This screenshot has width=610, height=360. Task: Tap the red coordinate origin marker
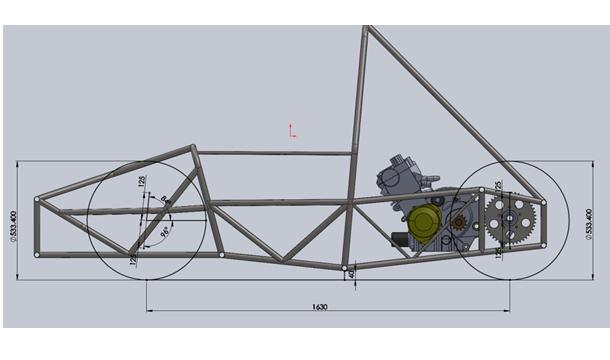(x=291, y=130)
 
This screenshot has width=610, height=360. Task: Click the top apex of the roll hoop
(x=367, y=30)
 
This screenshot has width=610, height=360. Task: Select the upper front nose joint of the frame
(x=38, y=200)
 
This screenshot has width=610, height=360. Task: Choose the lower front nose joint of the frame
(x=38, y=254)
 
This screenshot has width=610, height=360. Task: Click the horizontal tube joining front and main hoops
(x=275, y=153)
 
